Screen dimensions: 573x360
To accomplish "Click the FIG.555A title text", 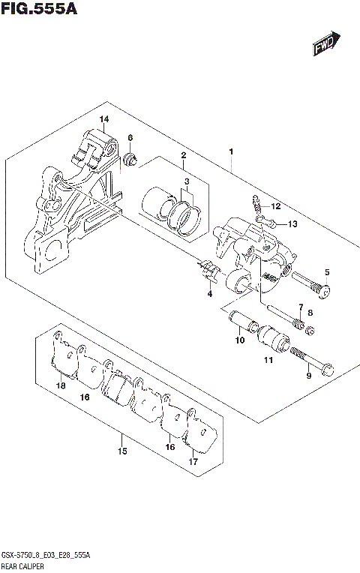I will pos(39,10).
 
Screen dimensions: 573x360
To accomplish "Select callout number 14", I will pos(103,120).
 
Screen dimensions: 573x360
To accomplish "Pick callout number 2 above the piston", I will pos(182,155).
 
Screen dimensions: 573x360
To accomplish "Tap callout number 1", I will pos(231,152).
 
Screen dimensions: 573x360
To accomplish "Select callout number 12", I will pos(275,206).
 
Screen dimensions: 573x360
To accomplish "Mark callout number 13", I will pos(293,223).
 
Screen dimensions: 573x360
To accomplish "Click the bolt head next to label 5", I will pos(323,289).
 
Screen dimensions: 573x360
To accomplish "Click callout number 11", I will pos(268,362).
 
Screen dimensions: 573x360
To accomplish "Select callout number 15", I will pos(122,451).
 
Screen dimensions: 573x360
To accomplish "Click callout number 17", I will pos(193,461).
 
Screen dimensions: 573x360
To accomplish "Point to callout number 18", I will pos(61,386).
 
